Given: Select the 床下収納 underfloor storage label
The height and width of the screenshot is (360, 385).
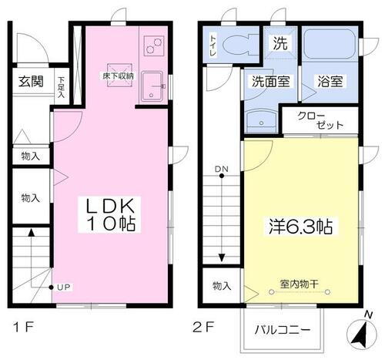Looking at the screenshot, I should pos(119,76).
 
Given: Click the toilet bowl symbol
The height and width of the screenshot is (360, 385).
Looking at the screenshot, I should pos(236,45).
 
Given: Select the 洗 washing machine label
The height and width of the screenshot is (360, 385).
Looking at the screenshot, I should pos(281,44).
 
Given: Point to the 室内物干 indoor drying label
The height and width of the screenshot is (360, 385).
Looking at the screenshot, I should pos(300,282).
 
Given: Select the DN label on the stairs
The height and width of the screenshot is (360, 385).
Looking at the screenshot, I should pos(221,169).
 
